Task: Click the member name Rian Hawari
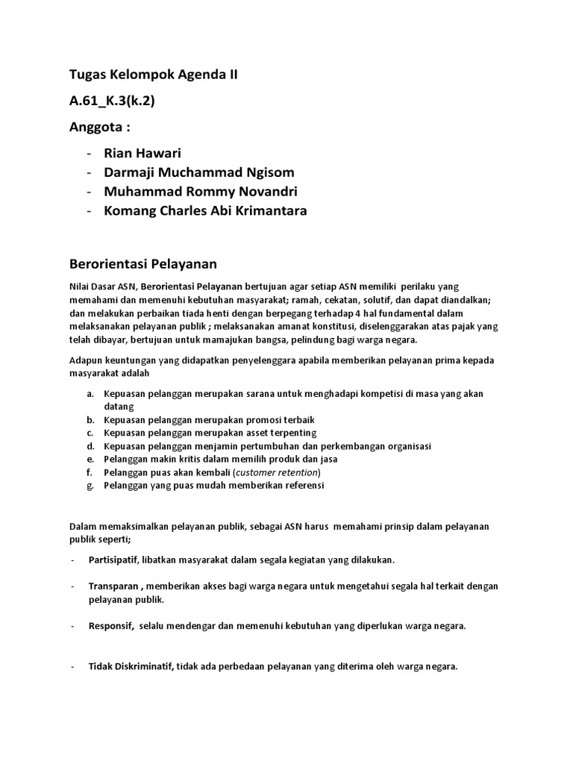pyautogui.click(x=143, y=154)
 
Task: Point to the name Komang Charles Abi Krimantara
pyautogui.click(x=205, y=210)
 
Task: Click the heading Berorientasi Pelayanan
pyautogui.click(x=143, y=263)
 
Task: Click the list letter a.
pyautogui.click(x=90, y=394)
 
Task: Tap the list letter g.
pyautogui.click(x=90, y=485)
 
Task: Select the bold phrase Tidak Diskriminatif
pyautogui.click(x=131, y=666)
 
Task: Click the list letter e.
pyautogui.click(x=90, y=459)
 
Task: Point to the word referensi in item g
pyautogui.click(x=301, y=485)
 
